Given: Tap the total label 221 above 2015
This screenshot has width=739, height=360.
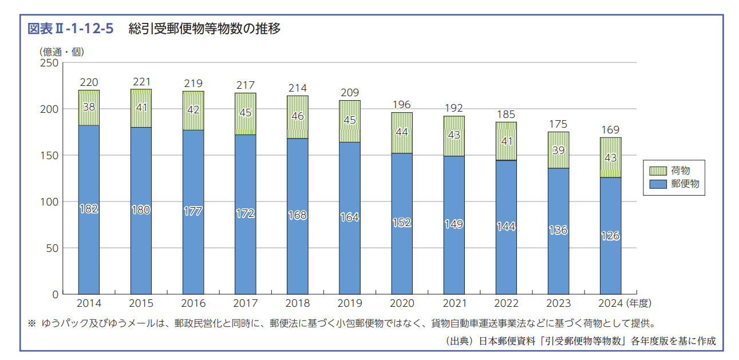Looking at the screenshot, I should [141, 82].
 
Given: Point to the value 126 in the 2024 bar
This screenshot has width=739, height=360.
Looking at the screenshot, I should [610, 236].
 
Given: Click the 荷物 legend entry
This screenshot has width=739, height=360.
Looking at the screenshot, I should [674, 170].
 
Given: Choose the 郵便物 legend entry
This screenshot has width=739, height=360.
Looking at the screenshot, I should [674, 184].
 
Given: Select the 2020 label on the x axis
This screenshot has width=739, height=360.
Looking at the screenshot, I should [402, 303].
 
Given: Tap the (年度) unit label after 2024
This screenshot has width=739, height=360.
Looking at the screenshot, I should [639, 303].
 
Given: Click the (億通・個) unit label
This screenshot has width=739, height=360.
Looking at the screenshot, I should [62, 52].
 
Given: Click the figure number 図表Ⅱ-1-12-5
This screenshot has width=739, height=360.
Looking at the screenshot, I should [70, 29].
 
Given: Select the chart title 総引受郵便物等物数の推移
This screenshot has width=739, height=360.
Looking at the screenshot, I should [204, 29].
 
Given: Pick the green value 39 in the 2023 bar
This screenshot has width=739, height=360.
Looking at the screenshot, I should [558, 150].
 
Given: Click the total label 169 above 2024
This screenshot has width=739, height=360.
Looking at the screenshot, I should [610, 130].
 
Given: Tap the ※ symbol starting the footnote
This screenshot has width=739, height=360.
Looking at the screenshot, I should [31, 323].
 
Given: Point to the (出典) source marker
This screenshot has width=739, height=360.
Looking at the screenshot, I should [457, 341].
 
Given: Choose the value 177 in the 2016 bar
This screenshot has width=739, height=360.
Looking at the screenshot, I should [193, 211].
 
